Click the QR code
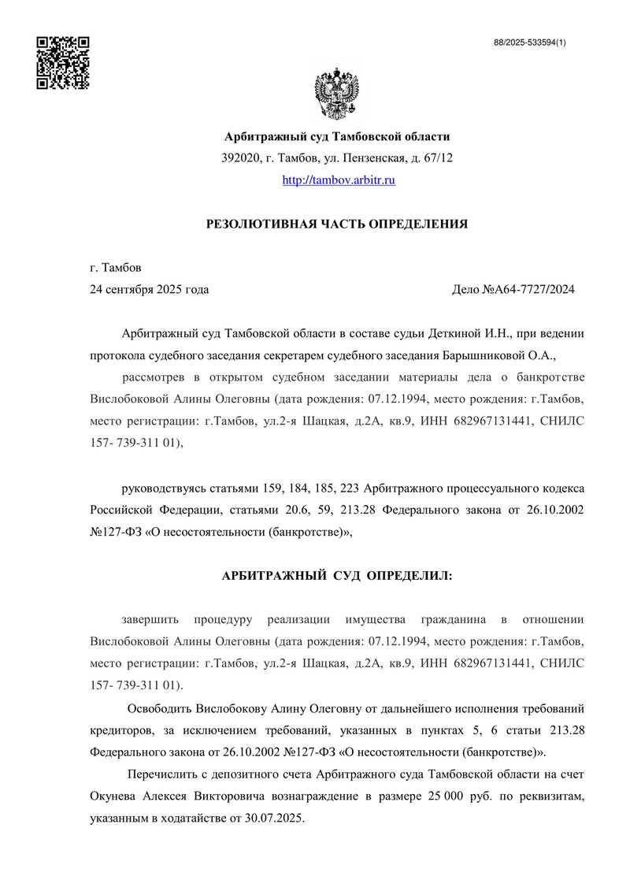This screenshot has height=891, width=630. [64, 62]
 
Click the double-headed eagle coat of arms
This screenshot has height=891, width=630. [337, 94]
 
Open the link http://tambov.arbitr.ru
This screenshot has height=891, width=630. [338, 180]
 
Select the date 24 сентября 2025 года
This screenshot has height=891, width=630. [150, 289]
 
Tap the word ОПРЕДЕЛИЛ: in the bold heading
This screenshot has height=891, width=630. [410, 577]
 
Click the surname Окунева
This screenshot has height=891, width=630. [114, 797]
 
